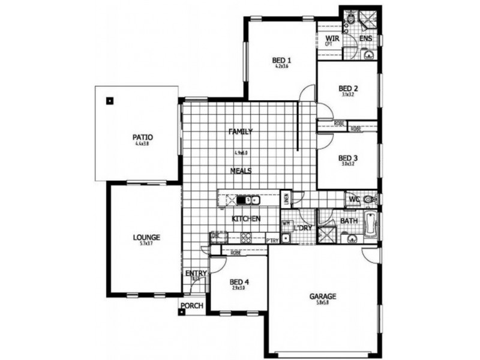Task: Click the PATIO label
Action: tap(143, 137)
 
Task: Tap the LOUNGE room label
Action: tap(146, 237)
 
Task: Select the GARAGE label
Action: tap(323, 296)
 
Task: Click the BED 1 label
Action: tap(281, 60)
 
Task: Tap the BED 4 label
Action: tap(239, 281)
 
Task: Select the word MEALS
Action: tap(241, 170)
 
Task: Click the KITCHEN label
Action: tap(246, 219)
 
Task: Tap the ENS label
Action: tap(366, 39)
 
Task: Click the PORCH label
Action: tap(192, 306)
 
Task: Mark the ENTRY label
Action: tap(196, 274)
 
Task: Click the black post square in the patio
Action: tap(109, 100)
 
